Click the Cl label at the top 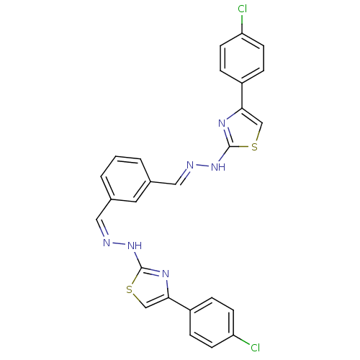pos(242,9)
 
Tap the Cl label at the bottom pos(253,348)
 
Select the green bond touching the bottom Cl pos(241,342)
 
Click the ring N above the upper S pos(222,123)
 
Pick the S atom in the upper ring pos(253,148)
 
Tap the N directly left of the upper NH pos(191,165)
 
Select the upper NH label pos(218,167)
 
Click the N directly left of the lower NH pos(106,243)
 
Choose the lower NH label pos(134,246)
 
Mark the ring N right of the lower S pos(165,274)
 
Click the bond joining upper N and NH pos(203,166)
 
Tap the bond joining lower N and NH pos(119,244)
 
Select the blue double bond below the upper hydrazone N pos(184,174)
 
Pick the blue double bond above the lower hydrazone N pos(103,233)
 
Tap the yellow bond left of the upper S pos(243,148)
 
